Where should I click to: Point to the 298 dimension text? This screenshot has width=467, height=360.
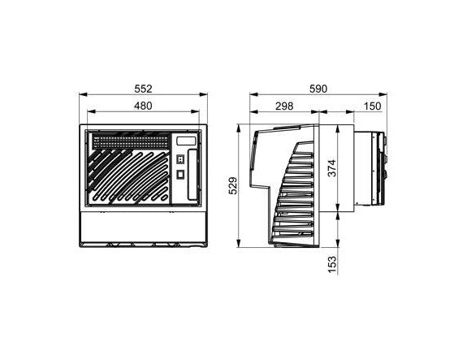(x=284, y=106)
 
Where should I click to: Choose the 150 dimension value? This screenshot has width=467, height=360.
(x=373, y=106)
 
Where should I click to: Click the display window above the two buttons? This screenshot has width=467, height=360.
(x=185, y=141)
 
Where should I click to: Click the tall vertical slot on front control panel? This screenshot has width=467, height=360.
(x=192, y=176)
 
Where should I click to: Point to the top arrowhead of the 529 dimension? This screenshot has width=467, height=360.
(x=238, y=128)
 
